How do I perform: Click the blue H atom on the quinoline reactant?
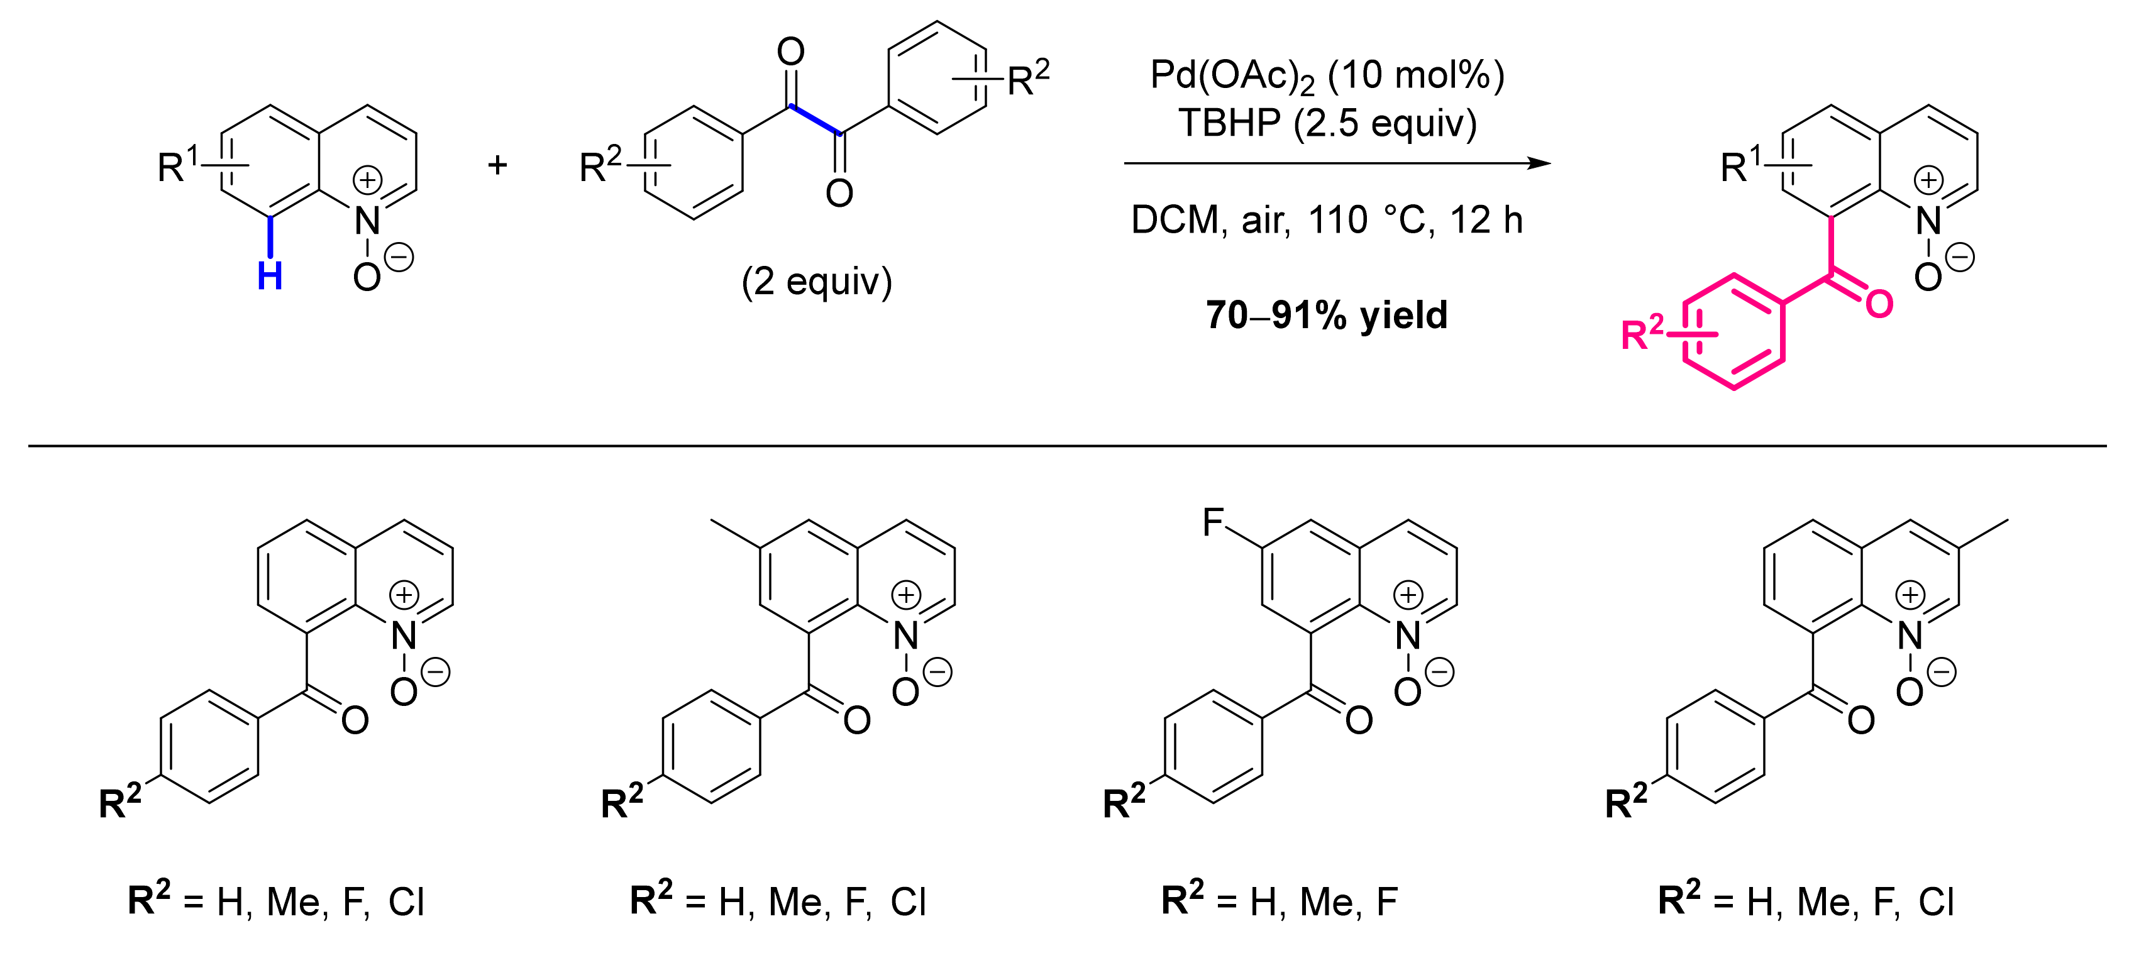(x=270, y=276)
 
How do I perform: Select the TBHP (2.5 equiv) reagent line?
(x=1327, y=123)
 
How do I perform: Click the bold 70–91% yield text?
(x=1326, y=316)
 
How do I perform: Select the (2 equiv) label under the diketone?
(x=816, y=282)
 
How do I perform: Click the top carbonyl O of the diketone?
(x=790, y=52)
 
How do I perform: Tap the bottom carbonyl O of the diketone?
(x=839, y=194)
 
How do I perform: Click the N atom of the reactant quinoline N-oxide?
(x=367, y=221)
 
